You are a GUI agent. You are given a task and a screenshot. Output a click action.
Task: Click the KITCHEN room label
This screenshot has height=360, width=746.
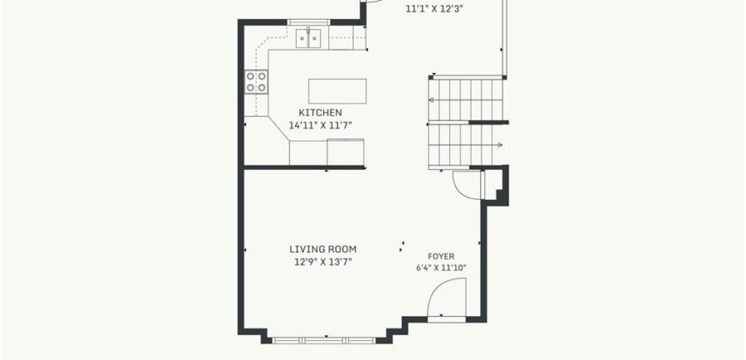point(320,112)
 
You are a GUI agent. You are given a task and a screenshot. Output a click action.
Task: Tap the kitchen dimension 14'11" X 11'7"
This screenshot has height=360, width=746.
point(320,125)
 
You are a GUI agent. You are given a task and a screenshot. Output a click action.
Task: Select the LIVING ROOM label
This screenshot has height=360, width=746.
point(323,249)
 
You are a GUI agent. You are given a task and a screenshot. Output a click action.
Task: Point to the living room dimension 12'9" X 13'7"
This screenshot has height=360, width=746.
point(323,261)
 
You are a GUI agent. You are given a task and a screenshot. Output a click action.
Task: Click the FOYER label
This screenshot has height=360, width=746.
point(441,256)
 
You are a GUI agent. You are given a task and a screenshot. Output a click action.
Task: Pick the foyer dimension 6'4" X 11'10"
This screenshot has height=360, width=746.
point(441,267)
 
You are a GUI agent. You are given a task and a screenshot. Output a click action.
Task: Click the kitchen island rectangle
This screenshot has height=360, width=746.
point(337,91)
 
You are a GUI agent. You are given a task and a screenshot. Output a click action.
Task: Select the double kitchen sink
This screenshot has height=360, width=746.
point(309,38)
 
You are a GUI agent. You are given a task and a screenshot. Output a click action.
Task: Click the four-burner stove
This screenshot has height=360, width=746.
point(256,81)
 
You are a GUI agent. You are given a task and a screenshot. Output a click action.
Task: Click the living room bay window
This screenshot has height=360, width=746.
point(323,340)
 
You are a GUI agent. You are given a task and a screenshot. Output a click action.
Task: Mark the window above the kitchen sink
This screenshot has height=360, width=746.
point(309,22)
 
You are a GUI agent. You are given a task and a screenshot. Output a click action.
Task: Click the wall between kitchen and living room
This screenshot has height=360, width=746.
point(304,167)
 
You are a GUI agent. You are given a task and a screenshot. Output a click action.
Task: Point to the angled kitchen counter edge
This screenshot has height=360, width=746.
point(279,129)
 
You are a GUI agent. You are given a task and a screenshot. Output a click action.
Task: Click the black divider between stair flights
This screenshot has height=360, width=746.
point(488,123)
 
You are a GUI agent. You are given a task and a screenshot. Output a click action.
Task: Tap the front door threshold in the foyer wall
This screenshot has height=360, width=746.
point(446,320)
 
